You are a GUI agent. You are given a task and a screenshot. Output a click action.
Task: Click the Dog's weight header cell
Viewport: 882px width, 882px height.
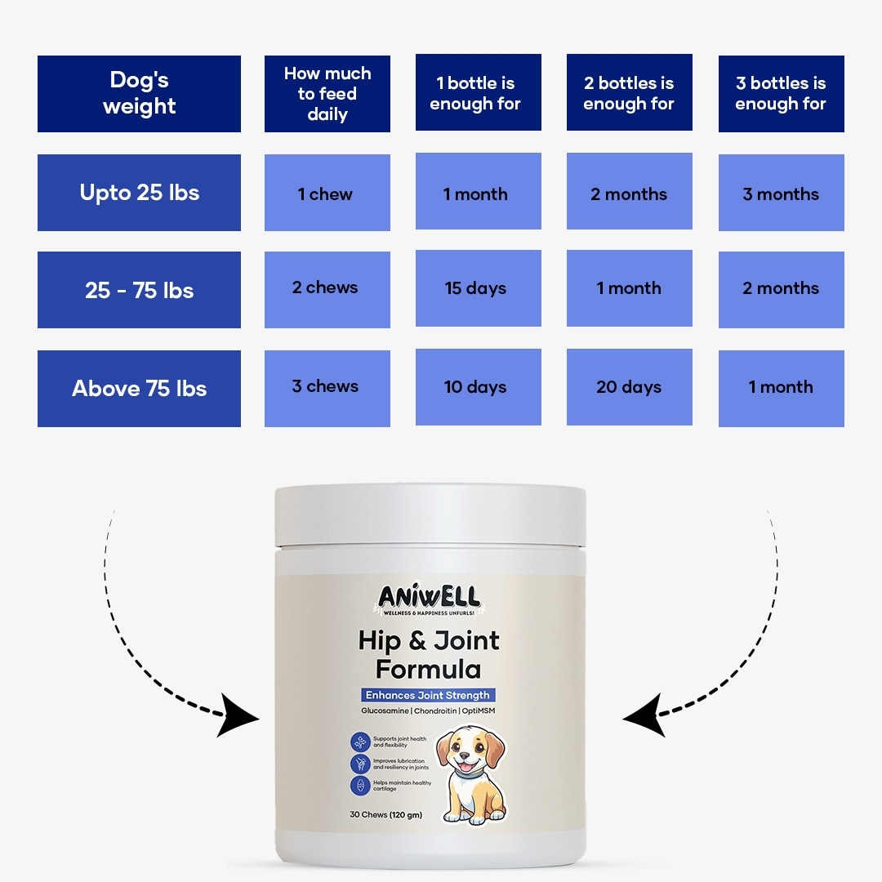[139, 94]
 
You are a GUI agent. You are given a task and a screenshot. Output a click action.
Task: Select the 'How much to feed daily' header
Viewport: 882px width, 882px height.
[327, 94]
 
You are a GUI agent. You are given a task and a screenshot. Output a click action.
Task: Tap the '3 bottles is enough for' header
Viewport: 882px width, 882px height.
[782, 94]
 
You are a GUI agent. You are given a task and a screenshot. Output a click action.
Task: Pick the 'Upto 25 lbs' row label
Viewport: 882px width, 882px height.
[139, 193]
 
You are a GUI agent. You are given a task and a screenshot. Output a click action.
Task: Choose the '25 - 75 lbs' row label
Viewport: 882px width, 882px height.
[139, 290]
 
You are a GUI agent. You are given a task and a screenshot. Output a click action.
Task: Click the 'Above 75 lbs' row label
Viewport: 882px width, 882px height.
[139, 389]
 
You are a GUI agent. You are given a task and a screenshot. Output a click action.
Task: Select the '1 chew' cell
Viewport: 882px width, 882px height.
[327, 193]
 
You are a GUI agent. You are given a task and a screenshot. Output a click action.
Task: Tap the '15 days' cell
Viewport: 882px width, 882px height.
[478, 288]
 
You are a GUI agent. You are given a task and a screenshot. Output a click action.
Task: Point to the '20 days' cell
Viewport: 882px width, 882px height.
[630, 387]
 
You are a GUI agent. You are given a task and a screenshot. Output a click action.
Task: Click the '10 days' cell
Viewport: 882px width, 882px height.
[478, 387]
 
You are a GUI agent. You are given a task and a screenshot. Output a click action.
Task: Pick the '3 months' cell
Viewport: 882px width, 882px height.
[782, 193]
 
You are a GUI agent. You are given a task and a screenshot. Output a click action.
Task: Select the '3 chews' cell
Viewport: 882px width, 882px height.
[327, 389]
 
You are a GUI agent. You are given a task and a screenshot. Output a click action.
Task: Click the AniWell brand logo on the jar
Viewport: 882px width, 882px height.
[430, 599]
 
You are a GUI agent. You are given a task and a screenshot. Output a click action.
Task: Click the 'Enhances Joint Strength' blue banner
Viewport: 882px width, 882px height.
[428, 695]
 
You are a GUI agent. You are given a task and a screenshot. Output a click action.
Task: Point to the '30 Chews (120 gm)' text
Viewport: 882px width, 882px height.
[385, 814]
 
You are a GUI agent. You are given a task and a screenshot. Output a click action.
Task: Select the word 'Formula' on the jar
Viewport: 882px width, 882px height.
[428, 670]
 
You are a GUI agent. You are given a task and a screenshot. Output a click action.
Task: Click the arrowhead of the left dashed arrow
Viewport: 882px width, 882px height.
[236, 715]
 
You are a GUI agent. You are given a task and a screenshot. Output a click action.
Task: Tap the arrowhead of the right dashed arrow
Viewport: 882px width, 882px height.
[644, 715]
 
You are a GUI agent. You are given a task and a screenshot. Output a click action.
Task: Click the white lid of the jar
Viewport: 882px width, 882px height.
[430, 515]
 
